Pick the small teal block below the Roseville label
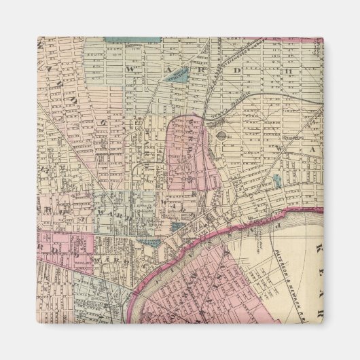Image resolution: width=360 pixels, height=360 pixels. (277, 181)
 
